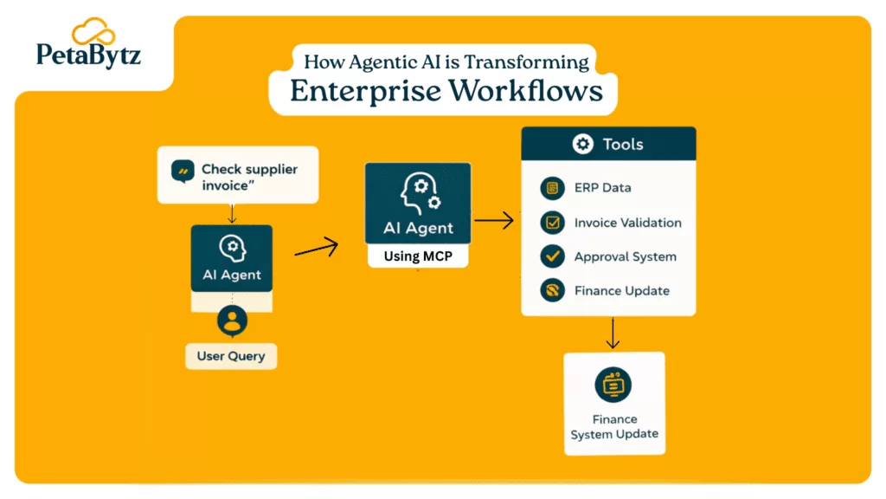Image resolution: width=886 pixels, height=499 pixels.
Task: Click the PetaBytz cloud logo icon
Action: (x=93, y=33)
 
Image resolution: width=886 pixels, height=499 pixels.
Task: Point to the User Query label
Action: (x=231, y=356)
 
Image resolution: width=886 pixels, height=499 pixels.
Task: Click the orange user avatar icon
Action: (x=231, y=321)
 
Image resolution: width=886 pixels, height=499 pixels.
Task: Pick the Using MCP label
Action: (x=418, y=256)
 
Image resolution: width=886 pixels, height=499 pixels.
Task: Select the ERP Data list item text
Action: (x=602, y=187)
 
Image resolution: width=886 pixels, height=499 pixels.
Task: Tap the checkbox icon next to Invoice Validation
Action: (x=551, y=223)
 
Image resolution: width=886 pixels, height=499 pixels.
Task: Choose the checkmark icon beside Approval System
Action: (x=551, y=256)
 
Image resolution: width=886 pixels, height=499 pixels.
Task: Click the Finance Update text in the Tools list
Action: (x=621, y=291)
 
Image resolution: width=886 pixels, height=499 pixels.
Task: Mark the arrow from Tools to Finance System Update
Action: (x=613, y=333)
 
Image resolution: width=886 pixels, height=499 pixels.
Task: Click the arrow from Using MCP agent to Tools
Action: (x=494, y=221)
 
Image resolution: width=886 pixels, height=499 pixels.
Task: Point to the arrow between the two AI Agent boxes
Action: (x=316, y=249)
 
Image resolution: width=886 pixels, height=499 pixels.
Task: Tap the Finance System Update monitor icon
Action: (x=613, y=385)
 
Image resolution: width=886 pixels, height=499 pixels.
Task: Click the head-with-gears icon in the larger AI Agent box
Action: (x=418, y=191)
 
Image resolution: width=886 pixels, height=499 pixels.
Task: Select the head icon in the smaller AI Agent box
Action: (x=231, y=248)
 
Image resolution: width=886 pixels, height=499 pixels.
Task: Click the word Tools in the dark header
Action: (x=623, y=144)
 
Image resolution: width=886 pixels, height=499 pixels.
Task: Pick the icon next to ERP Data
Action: (x=551, y=188)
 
